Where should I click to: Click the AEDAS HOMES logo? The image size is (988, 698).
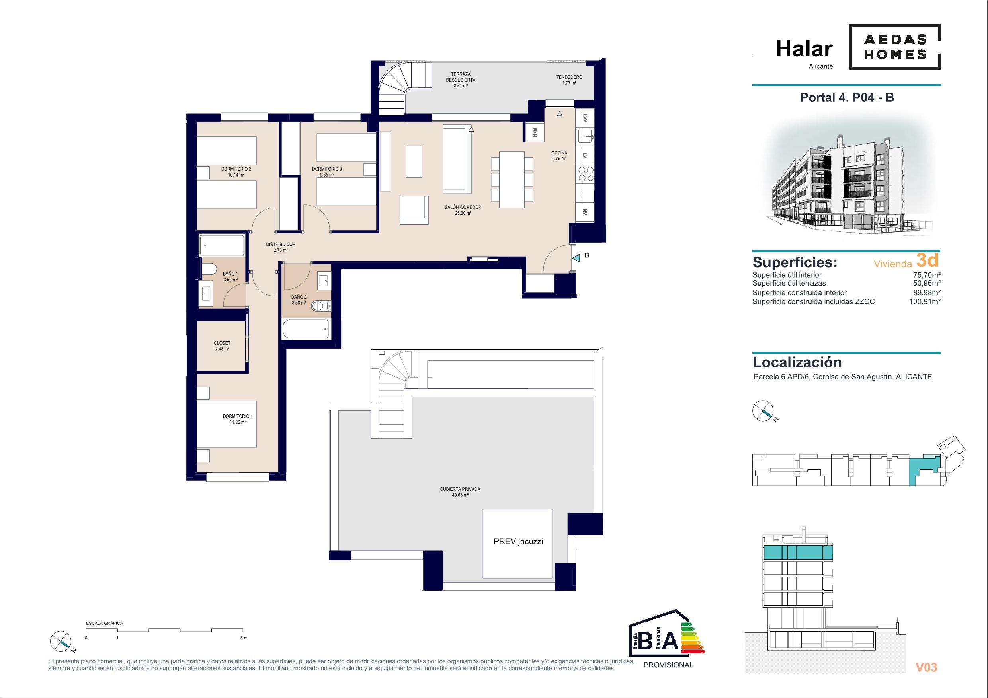click(894, 47)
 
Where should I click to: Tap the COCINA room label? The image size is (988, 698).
click(559, 153)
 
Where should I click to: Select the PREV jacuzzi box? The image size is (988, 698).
click(517, 544)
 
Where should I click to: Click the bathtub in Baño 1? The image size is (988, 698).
click(222, 245)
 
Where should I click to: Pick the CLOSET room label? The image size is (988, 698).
click(222, 343)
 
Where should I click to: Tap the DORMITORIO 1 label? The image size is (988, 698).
click(238, 416)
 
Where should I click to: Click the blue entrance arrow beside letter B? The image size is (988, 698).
click(576, 258)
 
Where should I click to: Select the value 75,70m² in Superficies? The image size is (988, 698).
click(926, 275)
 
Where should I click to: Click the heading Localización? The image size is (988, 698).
click(797, 362)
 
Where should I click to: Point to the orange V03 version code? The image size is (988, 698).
click(926, 667)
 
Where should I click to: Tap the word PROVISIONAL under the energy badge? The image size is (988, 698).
click(668, 665)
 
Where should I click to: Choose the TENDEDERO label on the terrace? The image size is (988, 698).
click(569, 77)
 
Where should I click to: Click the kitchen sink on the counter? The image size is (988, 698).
click(585, 136)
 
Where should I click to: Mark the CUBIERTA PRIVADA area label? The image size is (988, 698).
click(460, 489)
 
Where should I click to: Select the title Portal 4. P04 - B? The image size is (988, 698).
click(847, 97)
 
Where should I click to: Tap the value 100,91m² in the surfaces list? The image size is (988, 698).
click(924, 301)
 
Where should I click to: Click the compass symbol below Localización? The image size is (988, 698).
click(763, 410)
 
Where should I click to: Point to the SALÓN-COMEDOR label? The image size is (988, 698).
click(463, 207)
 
